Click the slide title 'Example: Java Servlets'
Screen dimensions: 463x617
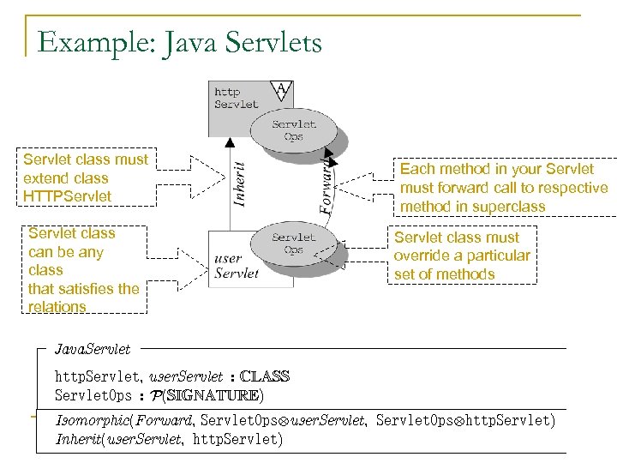coord(180,41)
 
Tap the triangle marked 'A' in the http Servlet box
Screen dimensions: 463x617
coord(280,88)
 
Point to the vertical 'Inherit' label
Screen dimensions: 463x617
coord(242,183)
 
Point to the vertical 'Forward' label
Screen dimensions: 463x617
coord(326,185)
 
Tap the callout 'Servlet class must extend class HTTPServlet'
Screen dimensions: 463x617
coord(86,178)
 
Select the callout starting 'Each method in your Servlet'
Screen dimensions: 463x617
coord(504,188)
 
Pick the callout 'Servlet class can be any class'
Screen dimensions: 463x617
coord(84,269)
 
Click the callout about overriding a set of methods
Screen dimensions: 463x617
coord(462,256)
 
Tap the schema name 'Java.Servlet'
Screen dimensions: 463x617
coord(93,349)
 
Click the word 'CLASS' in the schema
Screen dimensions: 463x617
coord(265,376)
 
